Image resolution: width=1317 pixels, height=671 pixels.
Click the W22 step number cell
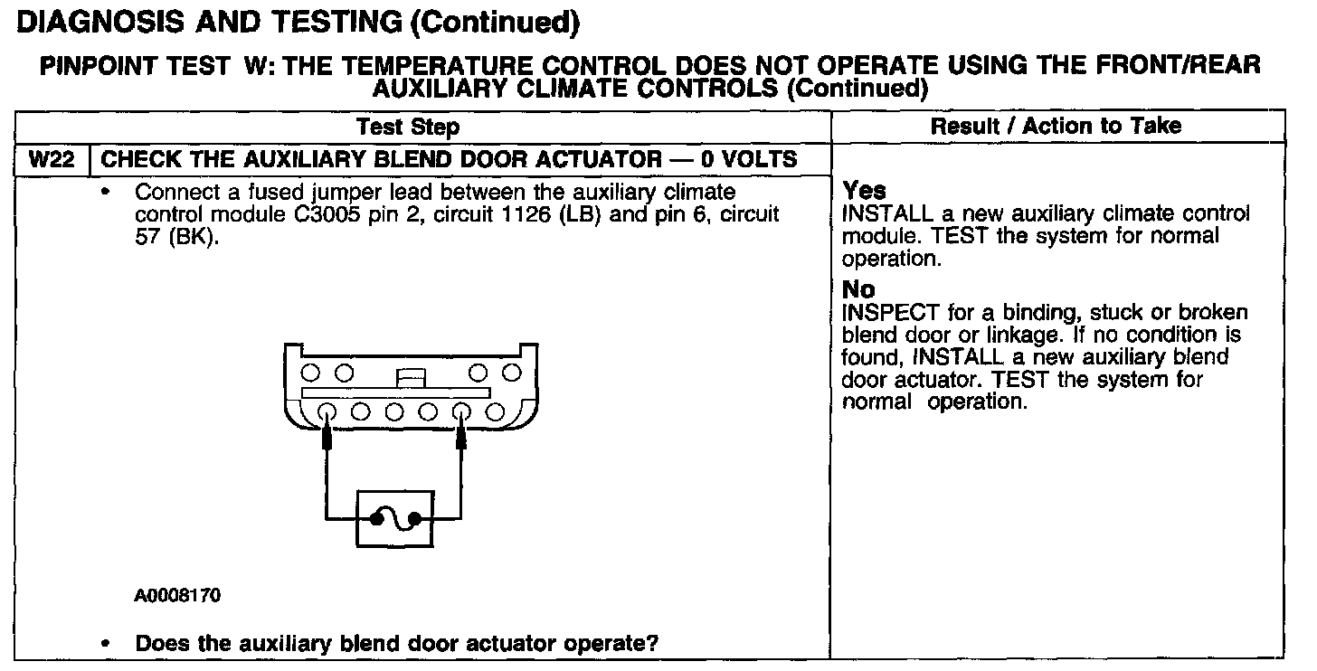click(51, 160)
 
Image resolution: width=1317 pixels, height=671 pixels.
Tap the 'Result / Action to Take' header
click(1056, 126)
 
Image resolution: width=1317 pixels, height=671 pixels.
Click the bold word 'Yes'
click(864, 191)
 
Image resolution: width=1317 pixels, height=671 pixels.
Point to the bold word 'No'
click(858, 290)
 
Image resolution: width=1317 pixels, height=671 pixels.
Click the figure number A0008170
click(177, 596)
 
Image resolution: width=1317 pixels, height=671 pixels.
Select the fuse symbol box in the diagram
click(395, 518)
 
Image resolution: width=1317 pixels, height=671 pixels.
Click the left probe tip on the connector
click(327, 439)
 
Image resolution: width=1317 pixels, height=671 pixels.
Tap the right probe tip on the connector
click(462, 439)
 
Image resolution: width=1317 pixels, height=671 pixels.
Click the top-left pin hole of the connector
click(309, 373)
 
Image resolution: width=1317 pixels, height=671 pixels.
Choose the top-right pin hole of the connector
click(512, 373)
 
